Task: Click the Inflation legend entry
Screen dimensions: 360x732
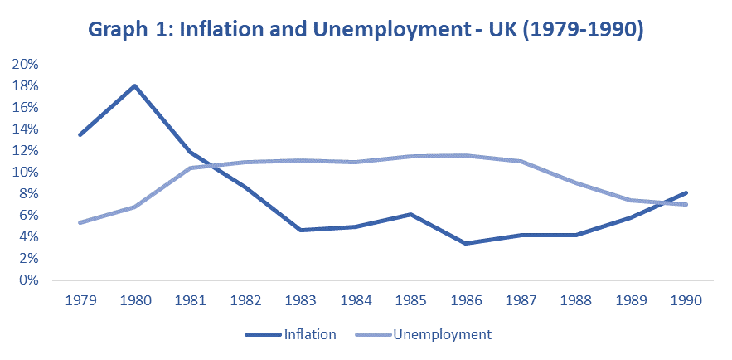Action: coord(309,335)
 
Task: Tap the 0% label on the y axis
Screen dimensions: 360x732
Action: coord(30,280)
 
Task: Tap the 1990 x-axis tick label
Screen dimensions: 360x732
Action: coord(685,301)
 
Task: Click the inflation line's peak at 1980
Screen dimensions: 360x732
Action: coord(134,85)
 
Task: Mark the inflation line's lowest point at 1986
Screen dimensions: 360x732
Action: coord(465,243)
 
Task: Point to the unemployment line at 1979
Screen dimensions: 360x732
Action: coord(79,222)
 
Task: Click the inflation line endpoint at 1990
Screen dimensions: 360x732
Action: coord(685,192)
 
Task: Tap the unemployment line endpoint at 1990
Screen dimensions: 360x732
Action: coord(685,204)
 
